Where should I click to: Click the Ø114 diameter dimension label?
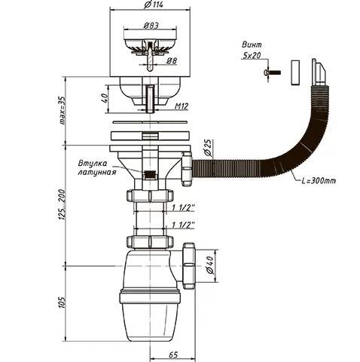154,5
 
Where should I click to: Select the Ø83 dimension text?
151,26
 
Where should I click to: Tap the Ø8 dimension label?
172,60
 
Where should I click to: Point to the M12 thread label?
182,106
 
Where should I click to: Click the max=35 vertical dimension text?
62,111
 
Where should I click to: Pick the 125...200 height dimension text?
62,205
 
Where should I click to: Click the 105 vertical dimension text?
62,302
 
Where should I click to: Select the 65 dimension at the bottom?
173,354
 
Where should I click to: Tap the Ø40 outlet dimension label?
210,265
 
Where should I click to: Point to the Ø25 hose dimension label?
209,149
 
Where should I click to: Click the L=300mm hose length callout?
319,180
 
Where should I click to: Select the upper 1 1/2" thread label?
184,207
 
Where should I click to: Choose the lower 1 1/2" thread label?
184,225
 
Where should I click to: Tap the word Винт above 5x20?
252,44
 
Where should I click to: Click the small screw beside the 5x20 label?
272,72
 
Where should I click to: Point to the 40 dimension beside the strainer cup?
105,98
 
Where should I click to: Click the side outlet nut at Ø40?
189,265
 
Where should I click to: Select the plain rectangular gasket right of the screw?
295,72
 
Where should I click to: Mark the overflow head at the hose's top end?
318,72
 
